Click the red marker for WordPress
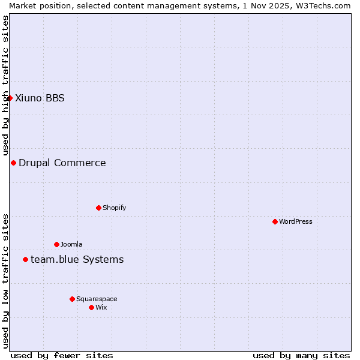(275, 221)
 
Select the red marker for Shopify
(98, 208)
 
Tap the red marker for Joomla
(56, 244)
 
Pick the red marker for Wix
(91, 307)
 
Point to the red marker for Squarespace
(72, 299)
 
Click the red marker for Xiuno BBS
(10, 98)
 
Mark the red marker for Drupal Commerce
(13, 163)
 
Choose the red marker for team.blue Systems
(25, 259)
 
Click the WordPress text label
(296, 221)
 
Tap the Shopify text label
(115, 208)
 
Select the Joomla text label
(71, 244)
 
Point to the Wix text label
(101, 307)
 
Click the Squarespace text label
(97, 299)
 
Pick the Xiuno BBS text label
(40, 98)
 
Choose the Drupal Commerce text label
(62, 163)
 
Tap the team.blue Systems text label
(77, 259)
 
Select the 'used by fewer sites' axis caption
(62, 355)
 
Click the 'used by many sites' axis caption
(301, 355)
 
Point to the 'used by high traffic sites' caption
(5, 86)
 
